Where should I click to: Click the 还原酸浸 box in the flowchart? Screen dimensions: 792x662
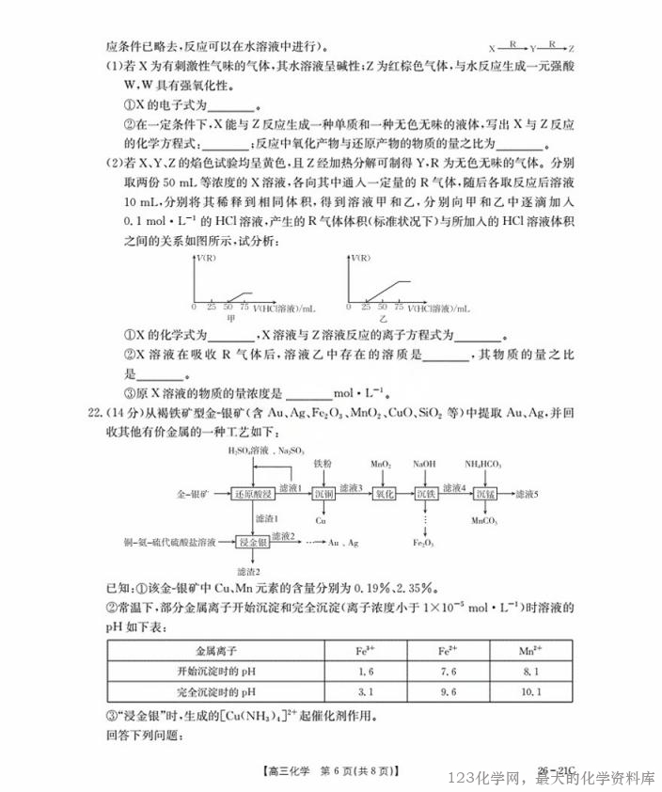coord(255,493)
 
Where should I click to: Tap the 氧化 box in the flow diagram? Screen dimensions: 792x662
coord(383,493)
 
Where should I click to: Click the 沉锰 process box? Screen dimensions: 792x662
coord(484,493)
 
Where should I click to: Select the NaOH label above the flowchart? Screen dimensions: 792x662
coord(424,464)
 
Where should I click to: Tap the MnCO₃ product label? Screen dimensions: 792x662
coord(484,520)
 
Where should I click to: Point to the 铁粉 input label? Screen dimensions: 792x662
coord(322,464)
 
